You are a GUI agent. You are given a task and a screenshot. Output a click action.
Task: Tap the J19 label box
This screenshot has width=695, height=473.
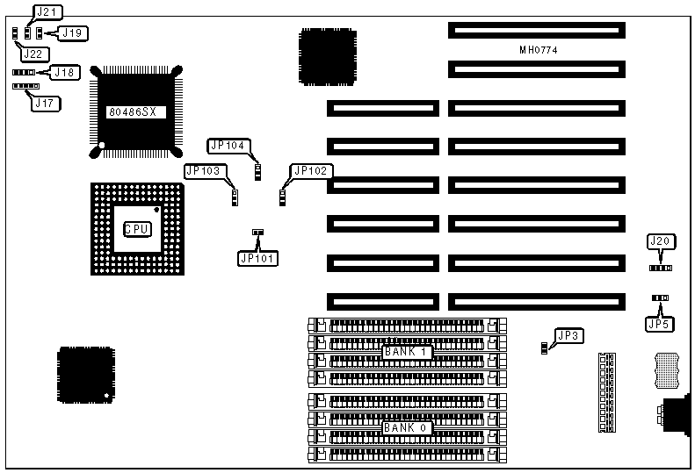tap(74, 33)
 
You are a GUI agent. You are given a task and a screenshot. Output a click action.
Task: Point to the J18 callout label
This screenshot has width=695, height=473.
tap(64, 72)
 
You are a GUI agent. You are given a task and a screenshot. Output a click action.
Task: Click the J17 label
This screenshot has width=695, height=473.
tap(42, 103)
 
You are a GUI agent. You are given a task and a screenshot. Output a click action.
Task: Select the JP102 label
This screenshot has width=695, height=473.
tap(313, 171)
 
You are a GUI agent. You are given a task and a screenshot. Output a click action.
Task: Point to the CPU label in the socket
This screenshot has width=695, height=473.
tap(136, 229)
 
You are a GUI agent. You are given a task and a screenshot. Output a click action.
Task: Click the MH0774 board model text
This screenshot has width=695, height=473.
tap(539, 50)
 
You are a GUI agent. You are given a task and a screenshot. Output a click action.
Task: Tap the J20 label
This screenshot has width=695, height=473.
tap(659, 241)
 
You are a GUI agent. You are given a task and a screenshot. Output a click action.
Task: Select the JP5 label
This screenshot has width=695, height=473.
tap(659, 324)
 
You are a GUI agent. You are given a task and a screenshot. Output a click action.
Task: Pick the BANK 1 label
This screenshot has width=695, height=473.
tap(406, 352)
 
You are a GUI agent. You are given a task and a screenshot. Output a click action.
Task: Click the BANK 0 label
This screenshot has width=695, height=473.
tap(406, 427)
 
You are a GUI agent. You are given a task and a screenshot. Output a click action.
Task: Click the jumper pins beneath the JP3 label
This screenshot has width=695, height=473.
tap(545, 348)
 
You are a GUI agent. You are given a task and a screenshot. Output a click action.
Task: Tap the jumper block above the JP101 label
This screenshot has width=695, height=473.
tap(257, 233)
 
